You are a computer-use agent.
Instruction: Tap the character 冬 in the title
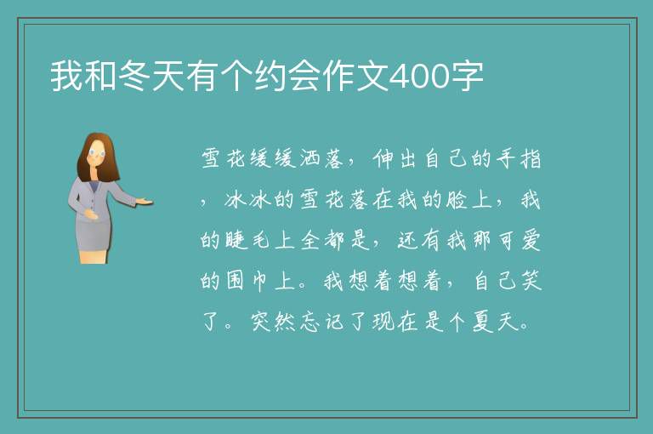pos(134,77)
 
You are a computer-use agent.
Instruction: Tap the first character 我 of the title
pos(66,77)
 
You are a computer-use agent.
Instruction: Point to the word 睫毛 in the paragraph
pos(249,241)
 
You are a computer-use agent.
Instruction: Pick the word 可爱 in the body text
pos(519,241)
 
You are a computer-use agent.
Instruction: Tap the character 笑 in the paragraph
pos(531,281)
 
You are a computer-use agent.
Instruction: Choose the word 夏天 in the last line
pos(495,322)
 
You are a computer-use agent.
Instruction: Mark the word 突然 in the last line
pos(273,322)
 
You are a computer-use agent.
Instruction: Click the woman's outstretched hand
pos(145,203)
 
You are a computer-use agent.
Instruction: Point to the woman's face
pos(97,153)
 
